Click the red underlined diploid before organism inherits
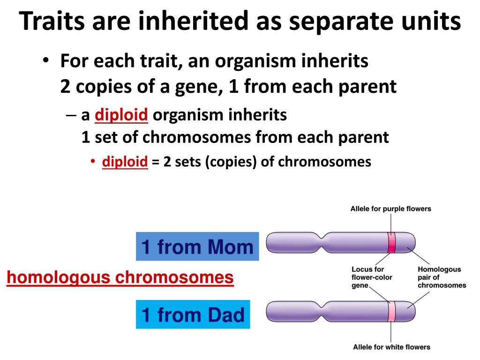pyautogui.click(x=121, y=115)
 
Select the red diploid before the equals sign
pyautogui.click(x=125, y=162)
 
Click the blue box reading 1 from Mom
pyautogui.click(x=197, y=247)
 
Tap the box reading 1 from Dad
pyautogui.click(x=193, y=315)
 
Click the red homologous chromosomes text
pyautogui.click(x=120, y=277)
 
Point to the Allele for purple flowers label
pyautogui.click(x=390, y=209)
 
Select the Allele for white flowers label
pyautogui.click(x=391, y=347)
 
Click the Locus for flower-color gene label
pyautogui.click(x=372, y=277)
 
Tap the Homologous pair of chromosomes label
pyautogui.click(x=442, y=277)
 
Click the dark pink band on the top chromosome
pyautogui.click(x=391, y=242)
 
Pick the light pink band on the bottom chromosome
pyautogui.click(x=391, y=311)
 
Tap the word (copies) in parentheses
pyautogui.click(x=231, y=162)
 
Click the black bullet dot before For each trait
pyautogui.click(x=45, y=60)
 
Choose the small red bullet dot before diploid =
pyautogui.click(x=93, y=161)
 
